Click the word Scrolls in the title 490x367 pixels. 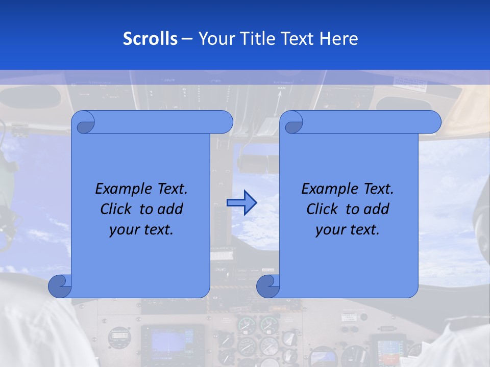coord(150,39)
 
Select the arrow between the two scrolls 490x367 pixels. coord(241,203)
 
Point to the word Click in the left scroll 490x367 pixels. coord(118,209)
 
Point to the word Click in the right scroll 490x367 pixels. coord(325,209)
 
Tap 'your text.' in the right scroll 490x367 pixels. coord(348,230)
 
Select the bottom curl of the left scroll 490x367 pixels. coord(59,286)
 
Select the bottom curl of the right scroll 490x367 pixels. coord(267,286)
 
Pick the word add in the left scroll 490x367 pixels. coord(170,209)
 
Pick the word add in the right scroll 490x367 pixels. coord(376,209)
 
